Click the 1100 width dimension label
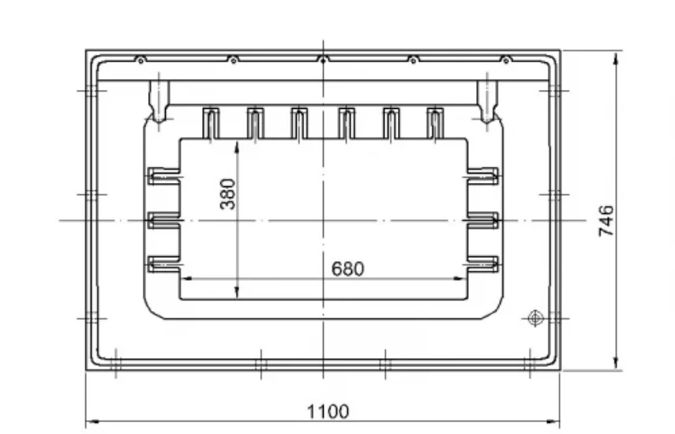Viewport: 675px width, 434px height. (x=328, y=412)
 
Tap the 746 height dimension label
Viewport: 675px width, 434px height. (x=606, y=221)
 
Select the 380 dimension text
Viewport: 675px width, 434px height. (x=227, y=194)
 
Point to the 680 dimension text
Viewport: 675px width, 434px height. (x=348, y=269)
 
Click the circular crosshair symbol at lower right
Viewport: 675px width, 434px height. (x=535, y=318)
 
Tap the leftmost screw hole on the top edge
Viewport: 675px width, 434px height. (x=141, y=61)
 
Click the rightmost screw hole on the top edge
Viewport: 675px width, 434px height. (x=506, y=61)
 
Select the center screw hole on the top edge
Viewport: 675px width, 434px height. (x=324, y=61)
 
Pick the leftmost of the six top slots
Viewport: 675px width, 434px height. (x=211, y=123)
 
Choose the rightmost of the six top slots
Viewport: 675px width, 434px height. (x=435, y=123)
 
